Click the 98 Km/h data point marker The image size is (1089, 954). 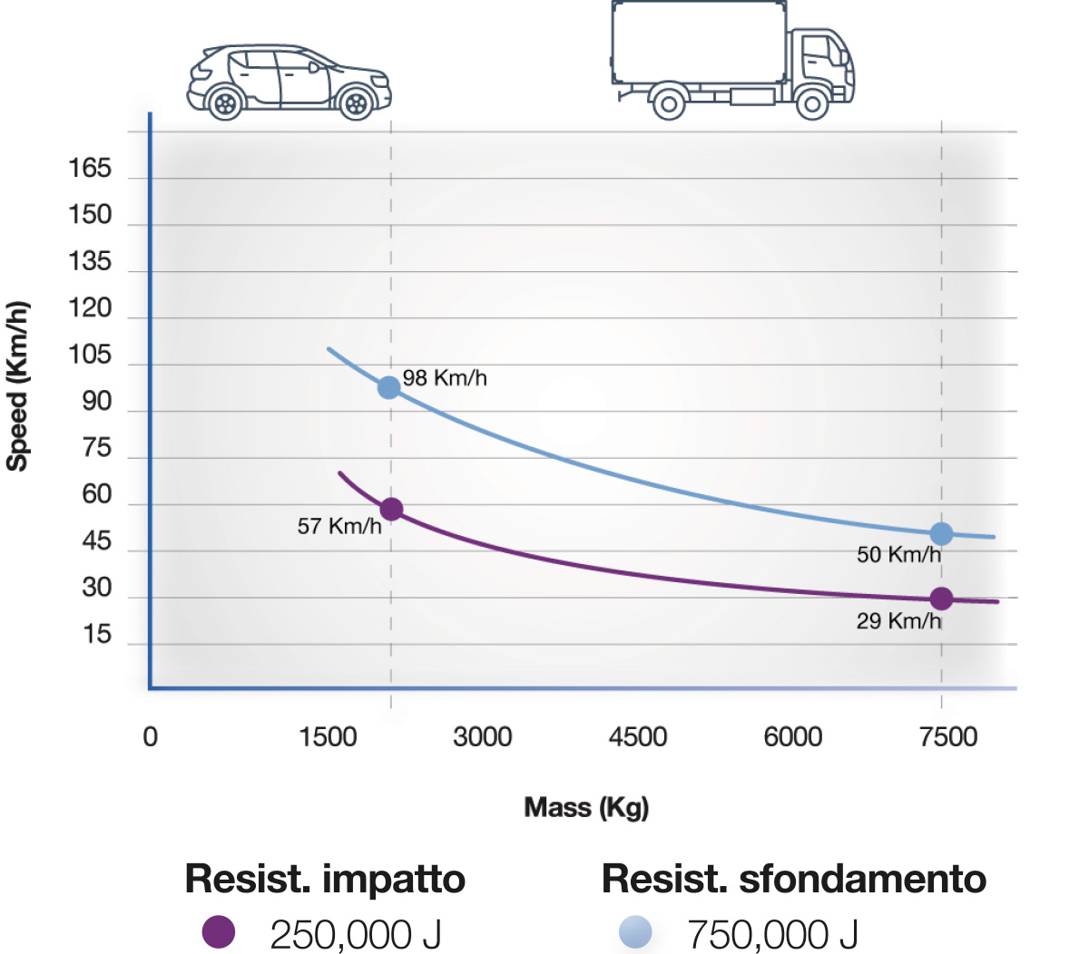388,387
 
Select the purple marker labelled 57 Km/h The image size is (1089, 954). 391,509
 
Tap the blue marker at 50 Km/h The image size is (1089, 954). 941,533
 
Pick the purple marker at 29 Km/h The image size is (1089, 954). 941,599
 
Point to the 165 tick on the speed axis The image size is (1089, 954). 90,169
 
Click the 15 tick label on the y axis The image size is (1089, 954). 96,635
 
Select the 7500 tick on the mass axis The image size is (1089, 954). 947,736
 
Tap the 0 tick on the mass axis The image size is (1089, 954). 151,736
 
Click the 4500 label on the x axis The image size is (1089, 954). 637,736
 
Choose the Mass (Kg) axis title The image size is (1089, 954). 586,807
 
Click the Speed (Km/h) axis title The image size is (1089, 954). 18,385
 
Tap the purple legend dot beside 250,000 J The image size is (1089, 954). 219,931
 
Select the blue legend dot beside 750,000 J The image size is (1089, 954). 635,932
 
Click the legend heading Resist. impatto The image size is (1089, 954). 325,879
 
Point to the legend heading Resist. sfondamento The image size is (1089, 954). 793,879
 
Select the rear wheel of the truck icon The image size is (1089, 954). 669,103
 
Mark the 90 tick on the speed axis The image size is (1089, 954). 96,402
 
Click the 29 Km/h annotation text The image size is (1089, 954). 898,621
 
